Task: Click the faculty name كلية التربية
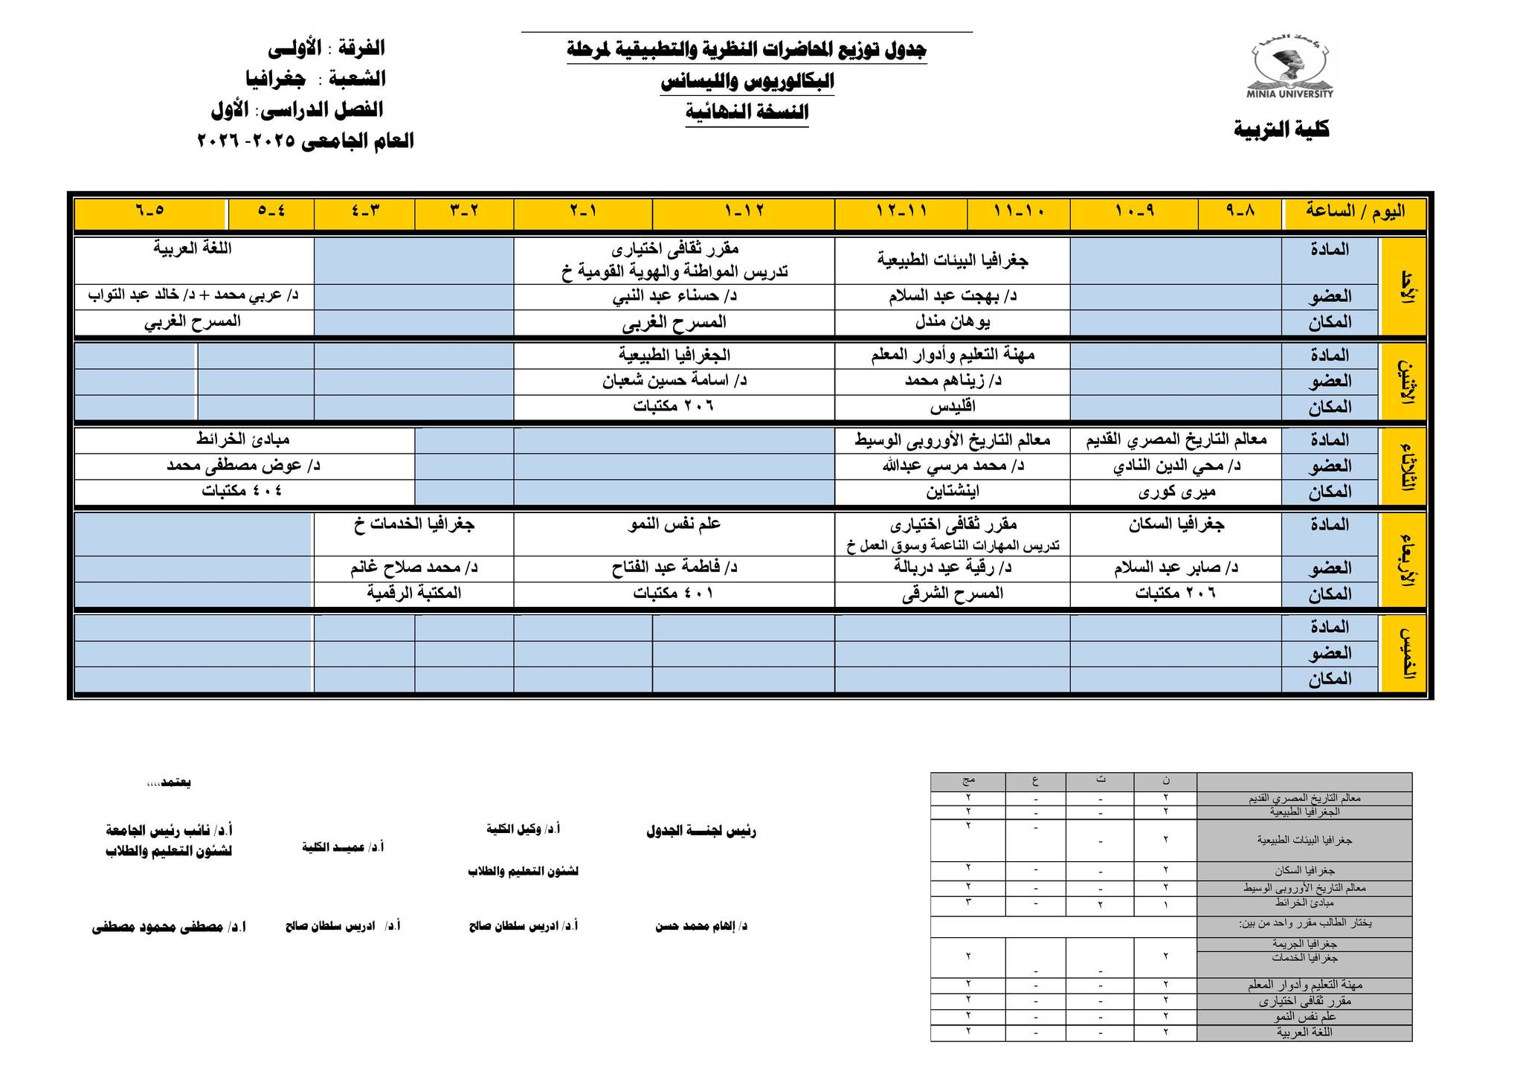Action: click(x=1281, y=129)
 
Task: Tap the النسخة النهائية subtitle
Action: click(x=747, y=112)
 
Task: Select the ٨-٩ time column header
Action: click(x=1240, y=211)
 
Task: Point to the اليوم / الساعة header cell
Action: click(x=1355, y=211)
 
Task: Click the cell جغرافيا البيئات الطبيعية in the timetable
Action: click(x=952, y=260)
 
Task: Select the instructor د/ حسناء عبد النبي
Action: click(x=674, y=296)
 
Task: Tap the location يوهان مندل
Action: click(x=952, y=322)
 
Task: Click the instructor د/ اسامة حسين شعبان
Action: click(x=674, y=381)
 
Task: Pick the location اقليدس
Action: click(x=952, y=407)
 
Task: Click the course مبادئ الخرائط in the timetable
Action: click(x=243, y=440)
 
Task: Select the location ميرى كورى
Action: click(x=1176, y=492)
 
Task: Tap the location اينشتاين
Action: click(x=952, y=492)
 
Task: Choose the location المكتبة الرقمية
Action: click(x=413, y=593)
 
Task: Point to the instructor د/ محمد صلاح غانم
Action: click(x=413, y=568)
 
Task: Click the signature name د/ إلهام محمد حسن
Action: click(x=701, y=927)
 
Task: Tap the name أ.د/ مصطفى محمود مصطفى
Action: click(x=169, y=927)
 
